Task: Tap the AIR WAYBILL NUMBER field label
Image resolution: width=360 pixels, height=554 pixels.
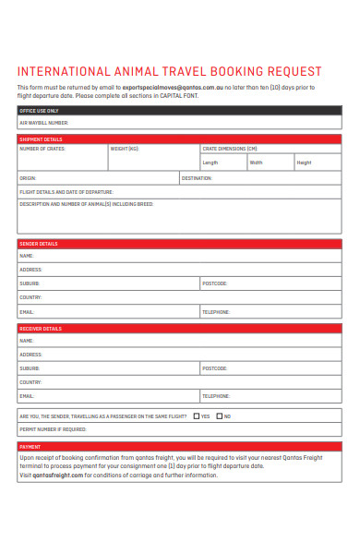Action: tap(44, 122)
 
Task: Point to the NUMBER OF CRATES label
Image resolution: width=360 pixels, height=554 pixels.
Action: tap(42, 149)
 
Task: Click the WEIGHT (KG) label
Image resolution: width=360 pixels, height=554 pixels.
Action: tap(125, 149)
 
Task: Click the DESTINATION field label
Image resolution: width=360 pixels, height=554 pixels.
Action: tap(198, 177)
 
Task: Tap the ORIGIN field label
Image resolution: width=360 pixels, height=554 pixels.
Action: tap(28, 177)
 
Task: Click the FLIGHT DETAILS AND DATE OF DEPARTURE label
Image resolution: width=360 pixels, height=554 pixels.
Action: tap(61, 191)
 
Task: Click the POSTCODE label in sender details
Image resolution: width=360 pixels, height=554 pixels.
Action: tap(215, 283)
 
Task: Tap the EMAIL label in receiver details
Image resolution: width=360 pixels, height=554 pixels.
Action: tap(27, 396)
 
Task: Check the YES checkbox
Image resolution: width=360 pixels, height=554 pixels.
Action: tap(197, 415)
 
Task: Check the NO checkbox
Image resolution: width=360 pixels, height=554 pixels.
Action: tap(220, 415)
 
